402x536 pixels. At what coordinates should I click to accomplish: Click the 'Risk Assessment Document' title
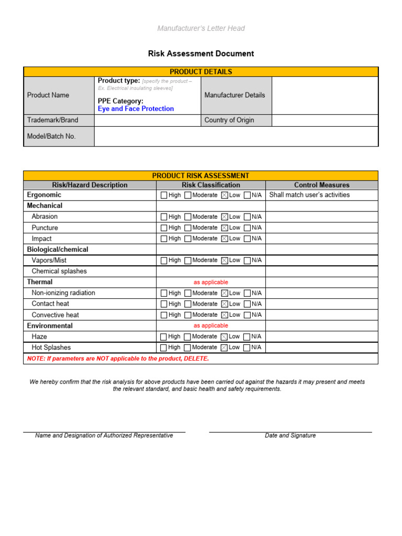point(201,53)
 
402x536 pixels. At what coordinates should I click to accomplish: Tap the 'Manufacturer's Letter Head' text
point(201,28)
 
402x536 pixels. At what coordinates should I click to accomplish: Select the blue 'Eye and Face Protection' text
point(136,109)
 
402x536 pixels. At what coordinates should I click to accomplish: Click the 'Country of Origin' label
point(229,120)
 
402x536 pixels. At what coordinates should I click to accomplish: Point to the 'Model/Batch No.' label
point(51,136)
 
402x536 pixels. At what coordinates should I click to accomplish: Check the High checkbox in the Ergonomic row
point(164,195)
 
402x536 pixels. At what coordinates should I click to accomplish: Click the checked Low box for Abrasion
point(225,217)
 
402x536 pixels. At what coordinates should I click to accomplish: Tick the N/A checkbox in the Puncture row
point(247,228)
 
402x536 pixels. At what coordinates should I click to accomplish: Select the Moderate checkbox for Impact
point(187,239)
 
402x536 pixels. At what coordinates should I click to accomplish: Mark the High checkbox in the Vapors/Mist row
point(164,260)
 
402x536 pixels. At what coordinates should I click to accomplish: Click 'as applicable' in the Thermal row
point(211,282)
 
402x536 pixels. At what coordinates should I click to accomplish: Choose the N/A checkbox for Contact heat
point(247,304)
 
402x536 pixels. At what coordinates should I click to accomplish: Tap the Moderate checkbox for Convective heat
point(187,315)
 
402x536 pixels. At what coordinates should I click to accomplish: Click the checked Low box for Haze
point(225,337)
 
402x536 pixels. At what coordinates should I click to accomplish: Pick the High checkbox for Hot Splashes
point(164,348)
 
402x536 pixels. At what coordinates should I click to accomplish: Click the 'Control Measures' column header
point(321,185)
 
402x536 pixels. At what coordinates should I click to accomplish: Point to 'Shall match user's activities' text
point(309,195)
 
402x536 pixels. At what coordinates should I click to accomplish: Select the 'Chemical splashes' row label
point(59,271)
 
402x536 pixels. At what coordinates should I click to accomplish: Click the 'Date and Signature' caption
point(290,435)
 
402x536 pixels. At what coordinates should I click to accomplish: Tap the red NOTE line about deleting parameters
point(118,359)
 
